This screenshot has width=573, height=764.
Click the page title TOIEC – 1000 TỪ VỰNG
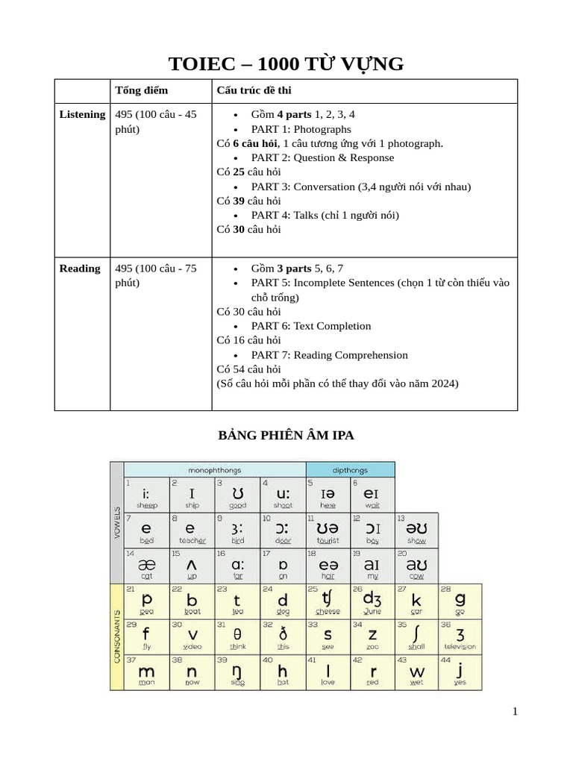(x=286, y=64)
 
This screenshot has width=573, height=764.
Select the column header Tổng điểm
(x=141, y=90)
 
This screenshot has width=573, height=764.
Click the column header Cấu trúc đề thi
(x=254, y=90)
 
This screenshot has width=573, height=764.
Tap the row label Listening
(x=82, y=114)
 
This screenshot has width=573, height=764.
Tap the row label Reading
(x=80, y=269)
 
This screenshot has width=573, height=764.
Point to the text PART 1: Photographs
(x=301, y=129)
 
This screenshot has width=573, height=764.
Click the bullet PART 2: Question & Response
(x=322, y=157)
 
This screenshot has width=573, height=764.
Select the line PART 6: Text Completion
(x=310, y=326)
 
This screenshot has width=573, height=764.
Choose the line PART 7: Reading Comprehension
(x=329, y=355)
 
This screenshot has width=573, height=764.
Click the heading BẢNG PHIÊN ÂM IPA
(x=286, y=436)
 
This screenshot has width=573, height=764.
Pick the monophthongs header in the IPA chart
(x=215, y=470)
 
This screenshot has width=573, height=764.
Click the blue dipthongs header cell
(x=350, y=470)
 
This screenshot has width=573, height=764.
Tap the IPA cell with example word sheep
(x=147, y=495)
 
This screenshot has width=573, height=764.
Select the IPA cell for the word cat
(x=147, y=566)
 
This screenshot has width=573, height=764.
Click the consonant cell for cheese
(x=327, y=602)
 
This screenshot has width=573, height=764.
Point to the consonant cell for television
(x=460, y=638)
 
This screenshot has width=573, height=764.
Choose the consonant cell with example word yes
(x=460, y=673)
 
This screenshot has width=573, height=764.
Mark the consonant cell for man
(x=147, y=673)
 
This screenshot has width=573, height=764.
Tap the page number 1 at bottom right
(x=514, y=712)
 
